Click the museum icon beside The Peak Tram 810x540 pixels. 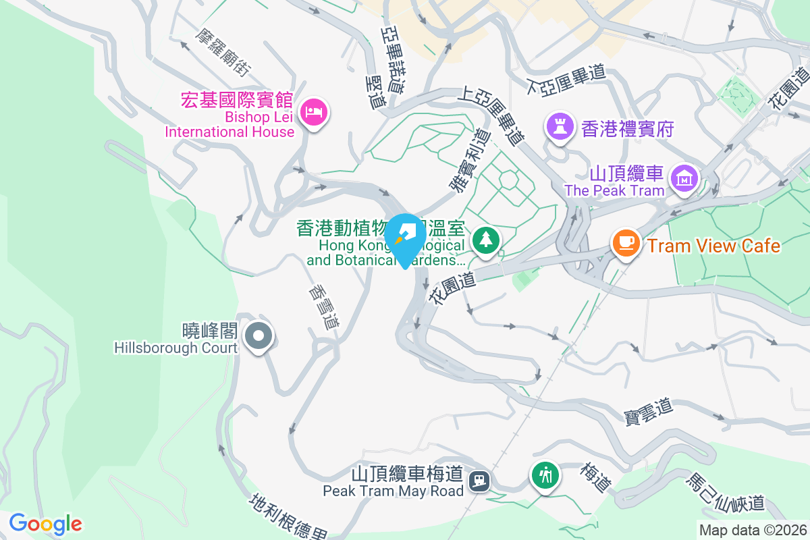[x=684, y=179]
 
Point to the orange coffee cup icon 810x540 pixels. [x=626, y=242]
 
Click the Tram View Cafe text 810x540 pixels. [x=713, y=246]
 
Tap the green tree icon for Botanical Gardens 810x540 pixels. [x=485, y=238]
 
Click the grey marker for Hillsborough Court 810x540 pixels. [x=257, y=335]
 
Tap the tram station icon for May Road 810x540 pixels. [x=480, y=480]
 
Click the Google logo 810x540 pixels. [x=45, y=524]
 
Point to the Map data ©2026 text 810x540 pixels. [x=753, y=530]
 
